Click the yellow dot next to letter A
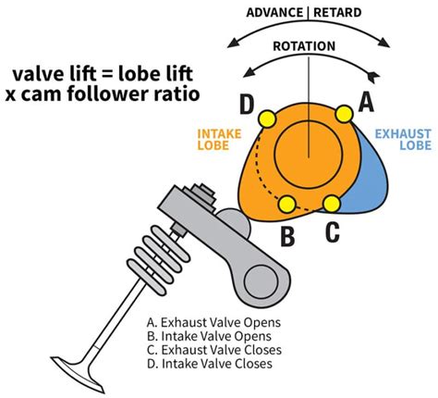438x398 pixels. (344, 115)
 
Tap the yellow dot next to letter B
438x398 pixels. (286, 204)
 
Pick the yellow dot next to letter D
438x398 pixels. (268, 118)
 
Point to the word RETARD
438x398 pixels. (344, 13)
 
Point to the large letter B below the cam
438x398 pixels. (288, 237)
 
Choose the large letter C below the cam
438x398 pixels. (333, 232)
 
